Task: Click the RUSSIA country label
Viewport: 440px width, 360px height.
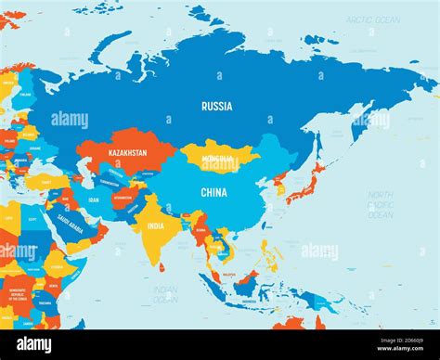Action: [x=216, y=106]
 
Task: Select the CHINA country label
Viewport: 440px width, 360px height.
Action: [x=214, y=193]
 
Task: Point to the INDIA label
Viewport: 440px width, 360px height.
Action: [x=156, y=225]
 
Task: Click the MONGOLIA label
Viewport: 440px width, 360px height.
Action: [x=218, y=159]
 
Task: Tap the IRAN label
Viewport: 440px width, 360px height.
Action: [x=94, y=199]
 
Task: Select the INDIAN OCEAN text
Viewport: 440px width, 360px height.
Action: [x=165, y=294]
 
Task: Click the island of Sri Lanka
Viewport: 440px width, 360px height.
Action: [x=163, y=266]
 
